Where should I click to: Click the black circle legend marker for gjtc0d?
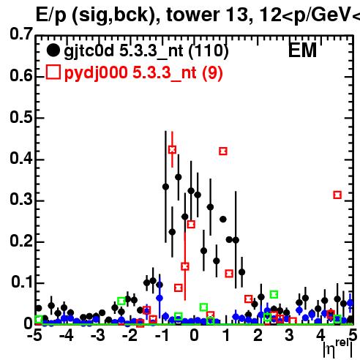pos(53,50)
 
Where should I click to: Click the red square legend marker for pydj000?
pos(53,72)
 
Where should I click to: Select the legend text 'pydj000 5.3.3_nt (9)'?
pos(143,73)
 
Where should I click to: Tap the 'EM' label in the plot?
pos(302,50)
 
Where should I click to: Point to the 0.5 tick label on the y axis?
pos(21,117)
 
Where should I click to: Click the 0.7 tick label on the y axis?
pos(21,34)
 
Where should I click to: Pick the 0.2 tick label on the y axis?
pos(21,241)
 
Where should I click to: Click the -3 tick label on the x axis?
pos(98,335)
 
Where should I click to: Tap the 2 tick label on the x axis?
pos(258,335)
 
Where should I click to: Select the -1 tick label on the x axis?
pos(162,335)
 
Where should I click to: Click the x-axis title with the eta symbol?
pos(338,349)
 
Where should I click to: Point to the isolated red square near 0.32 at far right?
pos(337,195)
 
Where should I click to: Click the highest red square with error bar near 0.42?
pos(172,149)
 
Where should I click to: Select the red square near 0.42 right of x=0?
pos(223,151)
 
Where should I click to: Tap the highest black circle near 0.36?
pos(179,177)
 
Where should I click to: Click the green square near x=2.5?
pos(274,294)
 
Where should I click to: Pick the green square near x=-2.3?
pos(121,301)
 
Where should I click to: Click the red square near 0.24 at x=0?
pos(191,225)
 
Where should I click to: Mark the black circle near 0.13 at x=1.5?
pos(241,272)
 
